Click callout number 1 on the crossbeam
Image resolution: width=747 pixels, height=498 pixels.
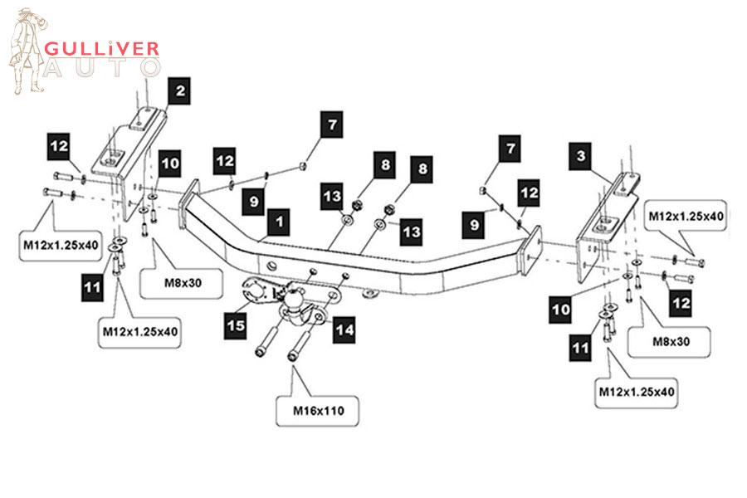click(x=280, y=222)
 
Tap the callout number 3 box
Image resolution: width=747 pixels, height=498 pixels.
click(x=582, y=155)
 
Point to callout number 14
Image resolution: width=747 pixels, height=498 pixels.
click(x=344, y=330)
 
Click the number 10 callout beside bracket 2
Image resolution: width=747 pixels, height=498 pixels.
click(x=170, y=164)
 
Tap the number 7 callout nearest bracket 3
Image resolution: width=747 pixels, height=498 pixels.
click(x=507, y=150)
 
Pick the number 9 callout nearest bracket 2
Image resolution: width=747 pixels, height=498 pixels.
click(x=254, y=199)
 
